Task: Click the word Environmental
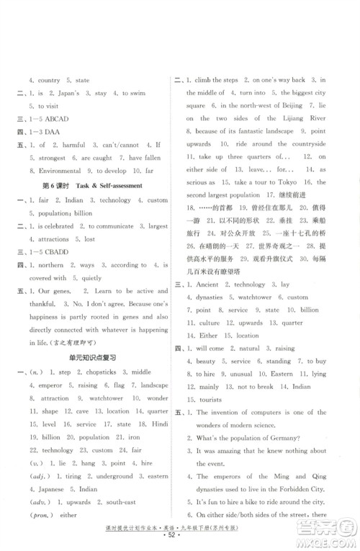pos(60,171)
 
